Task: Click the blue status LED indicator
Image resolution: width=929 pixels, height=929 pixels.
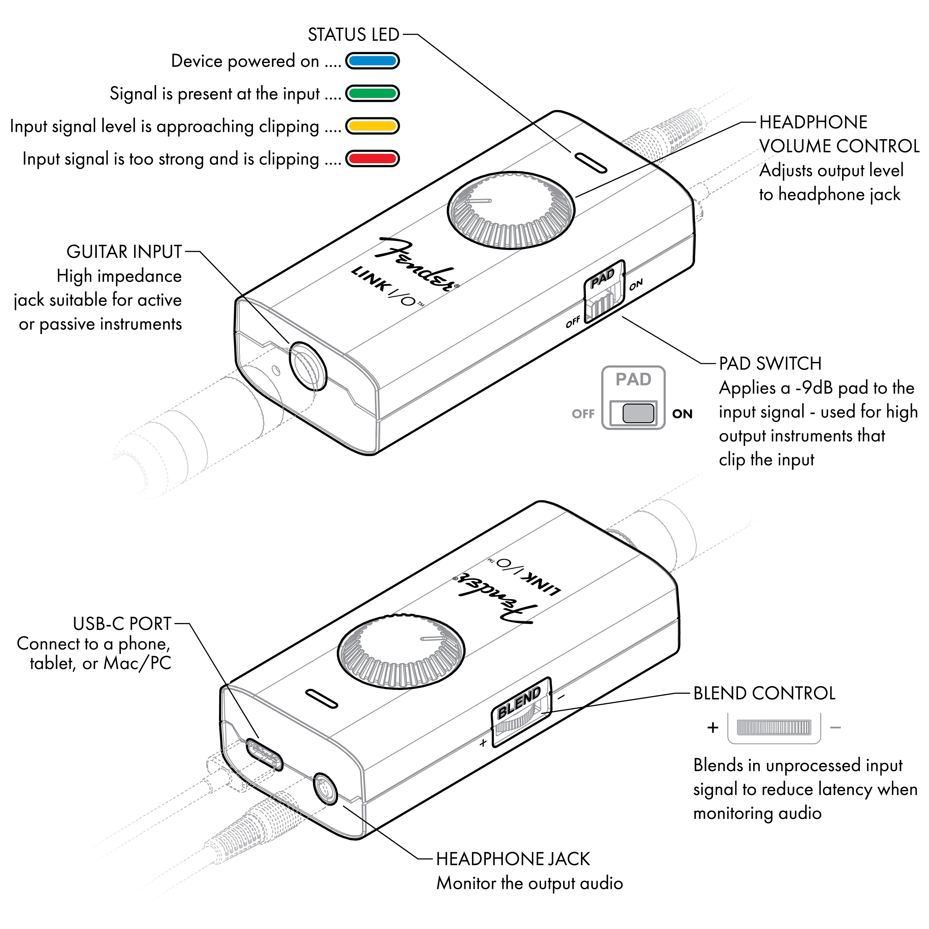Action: [x=372, y=61]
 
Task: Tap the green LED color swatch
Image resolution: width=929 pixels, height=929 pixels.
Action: [x=372, y=93]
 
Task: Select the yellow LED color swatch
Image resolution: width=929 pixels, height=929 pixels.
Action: [x=372, y=126]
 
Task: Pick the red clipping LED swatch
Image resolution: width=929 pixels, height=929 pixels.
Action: [x=372, y=158]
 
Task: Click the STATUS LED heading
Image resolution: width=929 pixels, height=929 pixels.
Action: [x=353, y=35]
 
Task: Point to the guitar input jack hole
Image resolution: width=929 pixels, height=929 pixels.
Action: [x=308, y=366]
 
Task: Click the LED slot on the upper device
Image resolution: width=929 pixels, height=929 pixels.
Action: [x=589, y=163]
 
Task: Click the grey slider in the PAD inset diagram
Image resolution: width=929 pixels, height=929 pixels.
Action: [x=638, y=413]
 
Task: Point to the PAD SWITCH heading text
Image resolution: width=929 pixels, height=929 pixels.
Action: [x=770, y=363]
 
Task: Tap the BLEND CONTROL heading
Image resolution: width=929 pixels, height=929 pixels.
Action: [x=764, y=694]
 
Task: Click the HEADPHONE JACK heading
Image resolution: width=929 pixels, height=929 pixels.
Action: [x=513, y=859]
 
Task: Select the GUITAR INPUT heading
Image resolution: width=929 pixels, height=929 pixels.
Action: [x=124, y=252]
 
